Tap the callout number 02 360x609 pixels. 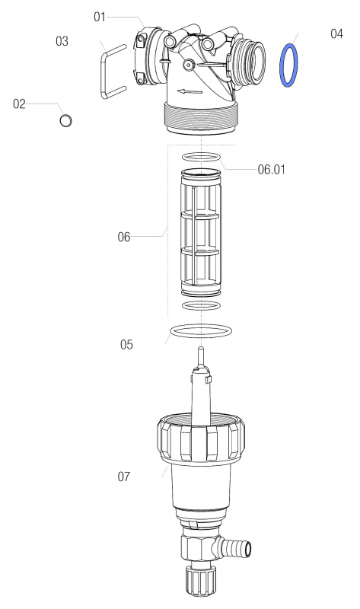tap(20, 104)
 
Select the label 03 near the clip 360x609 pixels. tap(62, 41)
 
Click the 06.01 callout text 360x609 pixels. tap(271, 170)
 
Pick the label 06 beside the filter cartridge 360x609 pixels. tap(123, 237)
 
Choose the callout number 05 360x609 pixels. tap(126, 345)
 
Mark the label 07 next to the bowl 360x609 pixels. tap(123, 477)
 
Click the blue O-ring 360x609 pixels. tap(288, 65)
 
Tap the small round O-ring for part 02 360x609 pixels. tap(66, 120)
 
